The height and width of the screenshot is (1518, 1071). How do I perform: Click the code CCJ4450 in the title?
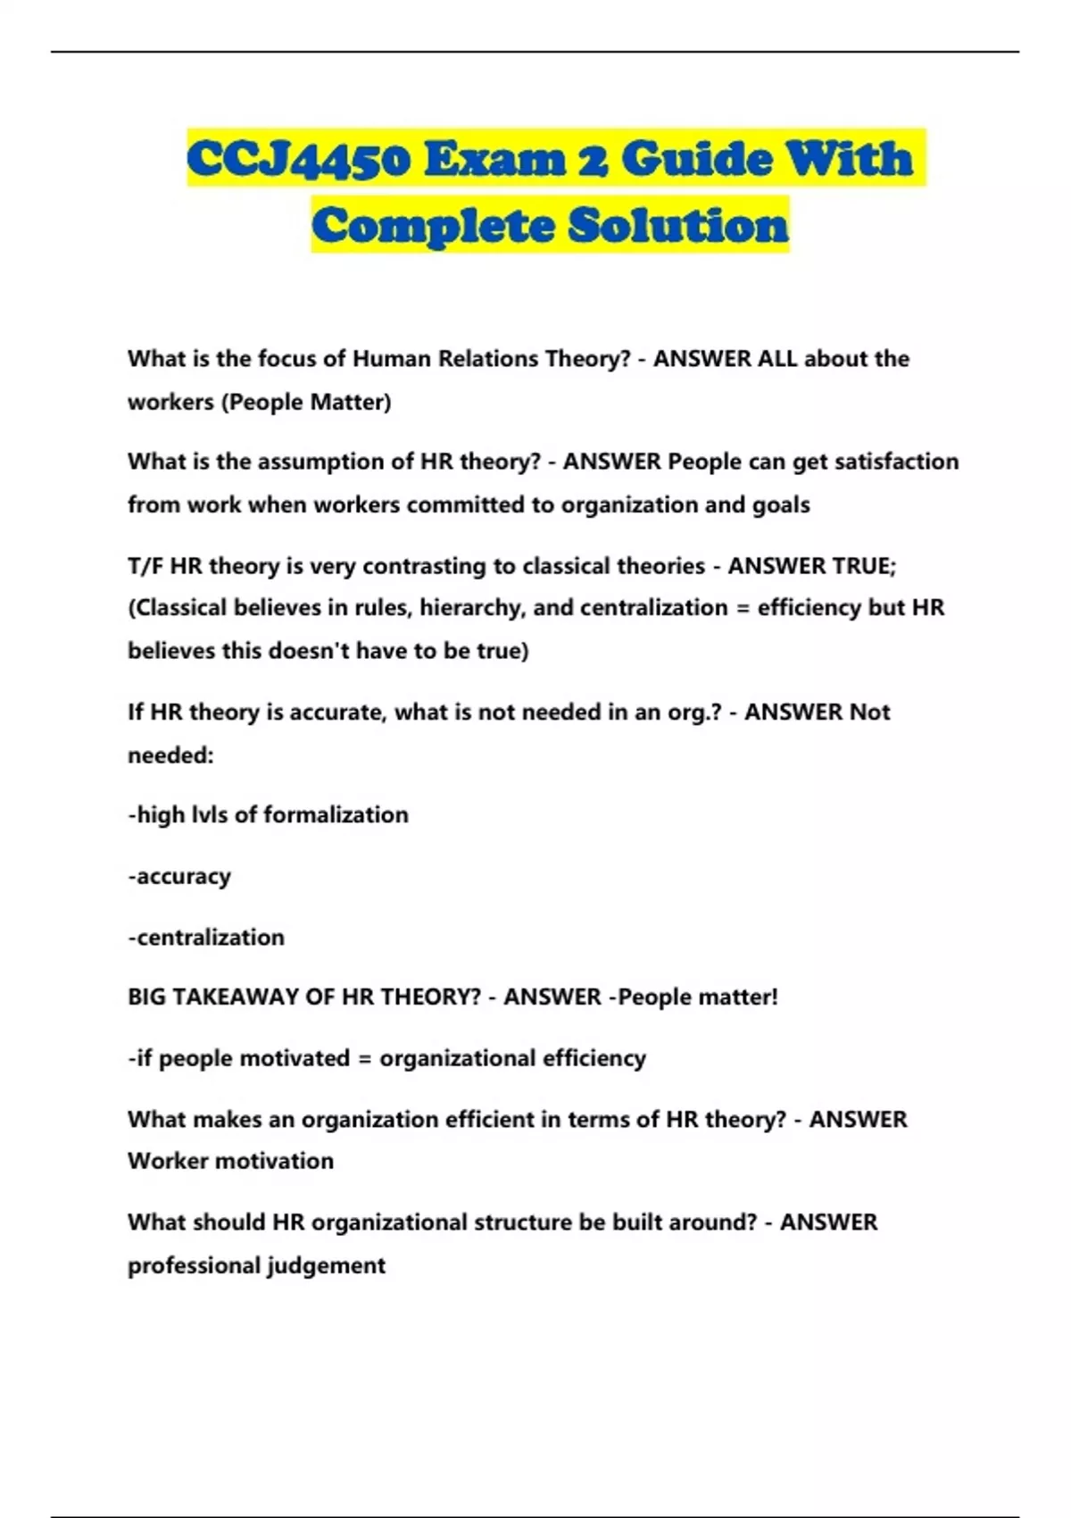[299, 161]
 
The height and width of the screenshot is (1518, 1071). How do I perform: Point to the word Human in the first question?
[379, 359]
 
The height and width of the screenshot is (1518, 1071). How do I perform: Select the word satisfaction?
[897, 462]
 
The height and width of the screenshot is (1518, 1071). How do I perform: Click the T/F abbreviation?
[145, 566]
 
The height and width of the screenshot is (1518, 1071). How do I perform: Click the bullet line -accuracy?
[179, 877]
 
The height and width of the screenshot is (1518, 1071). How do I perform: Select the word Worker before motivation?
[168, 1162]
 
